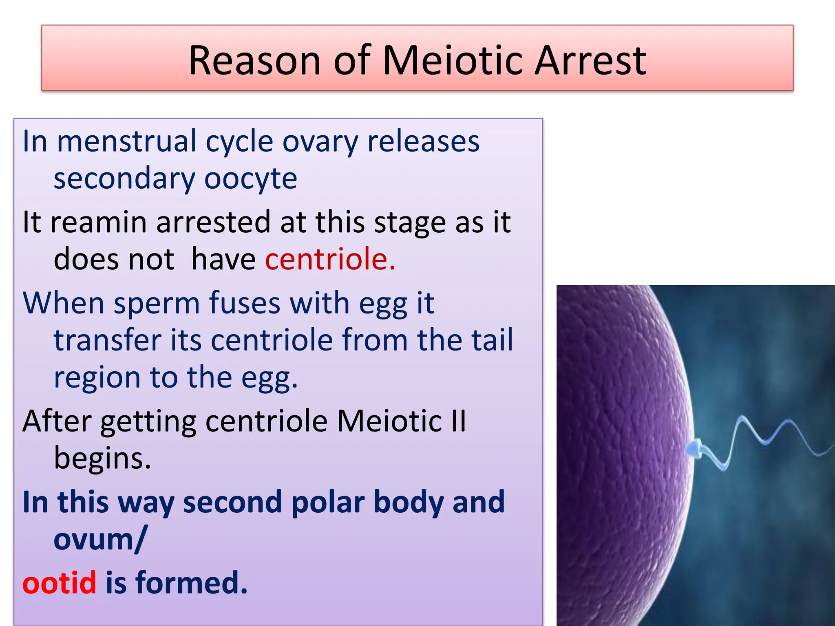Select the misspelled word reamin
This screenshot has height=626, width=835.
(x=98, y=223)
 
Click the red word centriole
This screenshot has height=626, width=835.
(x=329, y=259)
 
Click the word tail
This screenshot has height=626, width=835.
(x=492, y=340)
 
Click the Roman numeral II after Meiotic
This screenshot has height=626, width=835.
(x=458, y=421)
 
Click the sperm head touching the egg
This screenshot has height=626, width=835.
(x=694, y=448)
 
